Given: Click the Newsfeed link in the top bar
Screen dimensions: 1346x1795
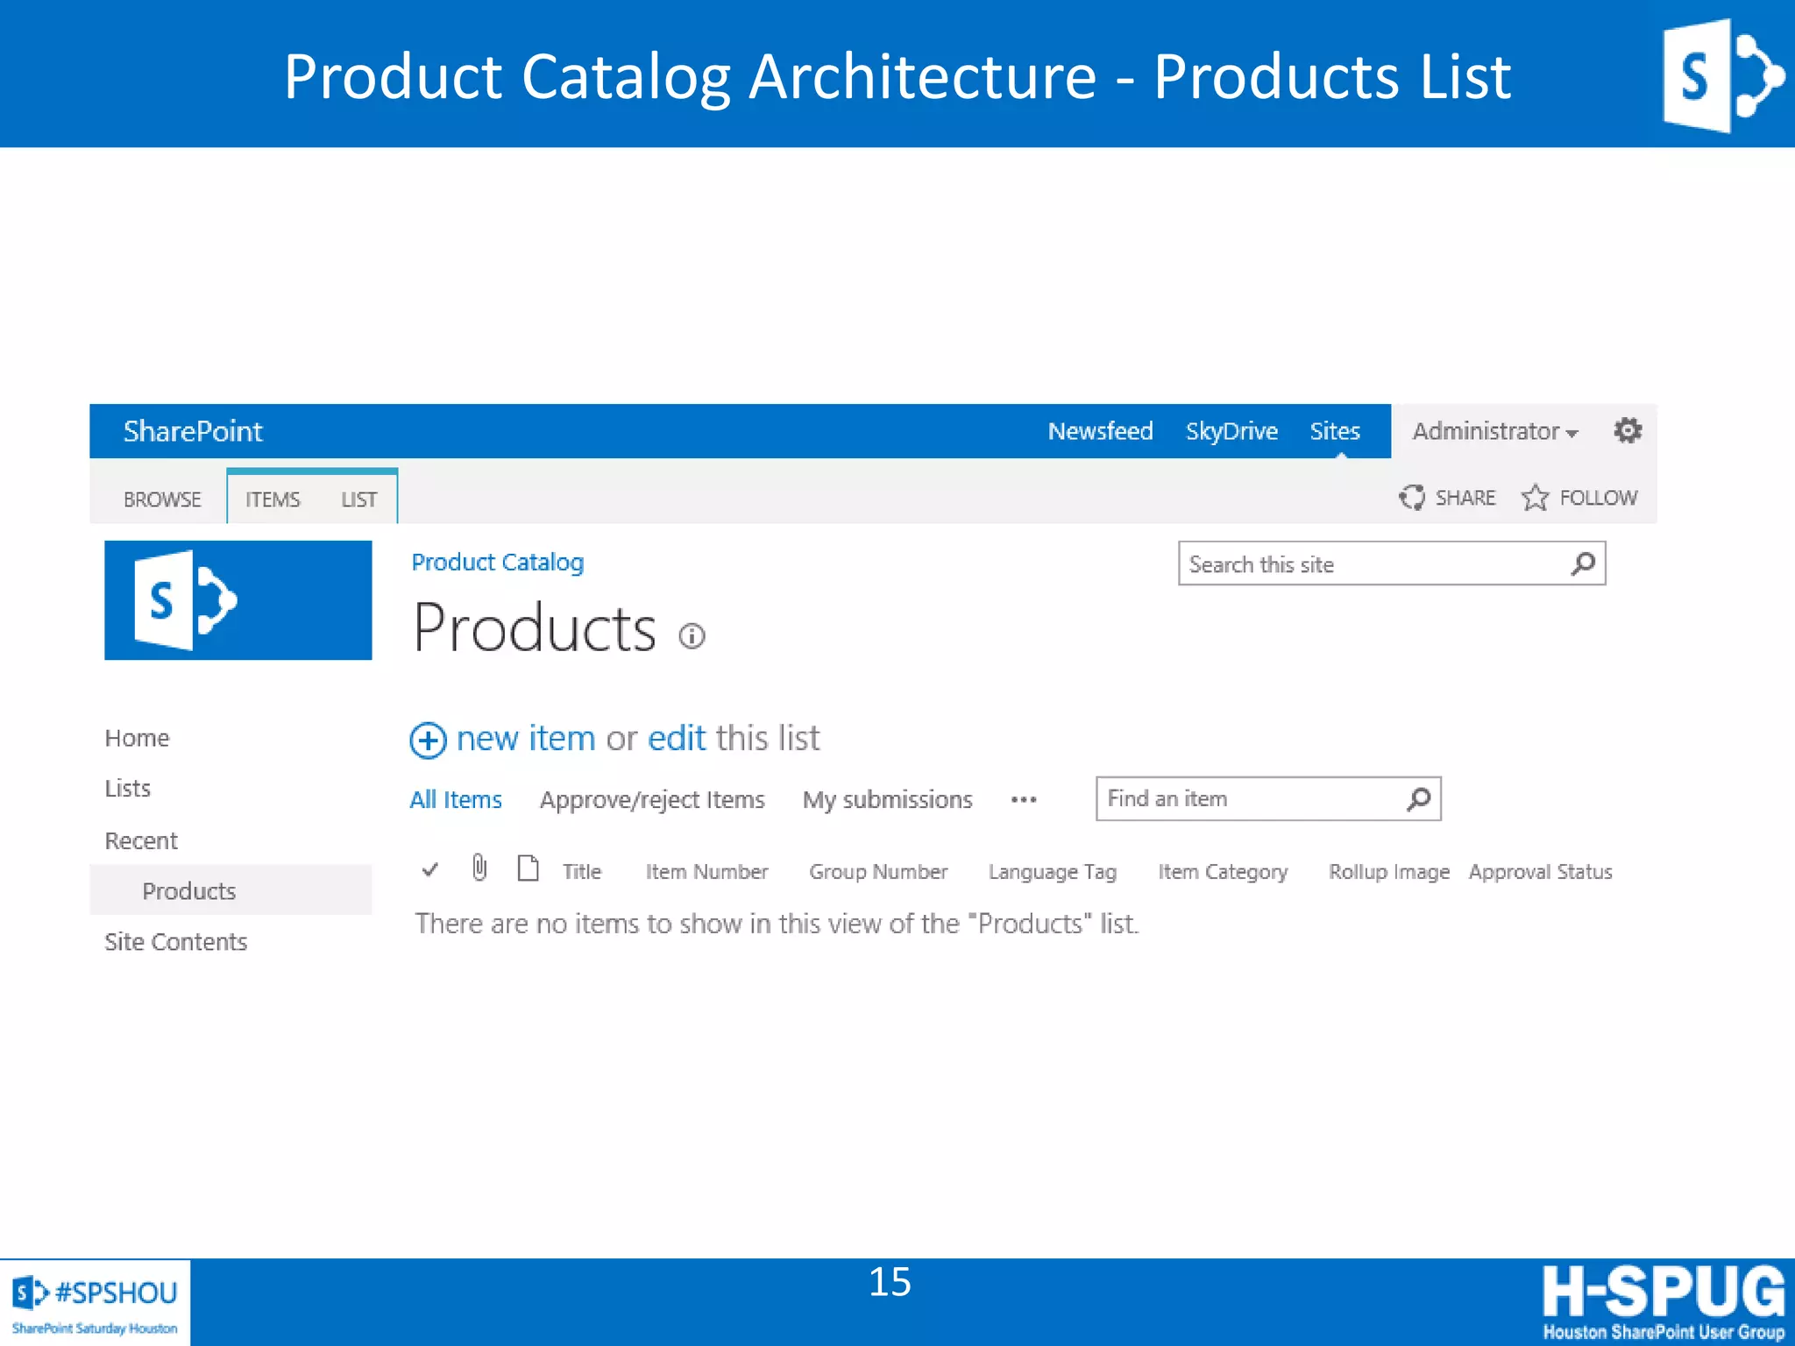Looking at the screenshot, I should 1100,431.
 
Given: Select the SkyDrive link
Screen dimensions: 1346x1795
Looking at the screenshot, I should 1231,431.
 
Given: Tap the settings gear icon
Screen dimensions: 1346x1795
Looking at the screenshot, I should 1628,430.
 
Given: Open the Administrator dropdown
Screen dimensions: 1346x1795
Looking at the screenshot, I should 1495,431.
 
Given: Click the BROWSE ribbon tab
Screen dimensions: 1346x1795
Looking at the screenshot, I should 162,499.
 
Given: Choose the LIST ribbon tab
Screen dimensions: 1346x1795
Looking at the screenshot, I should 358,499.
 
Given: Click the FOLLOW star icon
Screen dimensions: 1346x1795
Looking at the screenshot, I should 1535,498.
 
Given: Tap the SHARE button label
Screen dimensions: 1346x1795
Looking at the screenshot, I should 1465,498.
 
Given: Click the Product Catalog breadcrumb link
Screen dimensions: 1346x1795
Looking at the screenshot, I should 497,563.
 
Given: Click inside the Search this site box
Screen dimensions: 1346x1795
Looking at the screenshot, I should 1372,564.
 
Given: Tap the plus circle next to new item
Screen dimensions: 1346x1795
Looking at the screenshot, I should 428,740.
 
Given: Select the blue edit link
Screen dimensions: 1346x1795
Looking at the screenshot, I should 677,739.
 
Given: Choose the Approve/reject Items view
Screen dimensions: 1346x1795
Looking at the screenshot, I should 652,799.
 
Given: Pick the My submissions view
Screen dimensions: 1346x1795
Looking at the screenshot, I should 887,799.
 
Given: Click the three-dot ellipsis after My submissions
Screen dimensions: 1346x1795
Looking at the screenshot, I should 1024,799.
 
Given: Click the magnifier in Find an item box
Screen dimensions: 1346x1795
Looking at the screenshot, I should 1418,798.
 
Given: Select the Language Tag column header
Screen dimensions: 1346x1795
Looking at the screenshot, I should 1052,872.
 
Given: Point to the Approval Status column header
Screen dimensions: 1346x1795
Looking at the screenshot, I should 1540,872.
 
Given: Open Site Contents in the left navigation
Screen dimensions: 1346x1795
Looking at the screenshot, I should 175,942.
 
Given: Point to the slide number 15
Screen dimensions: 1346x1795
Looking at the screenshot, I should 890,1282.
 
